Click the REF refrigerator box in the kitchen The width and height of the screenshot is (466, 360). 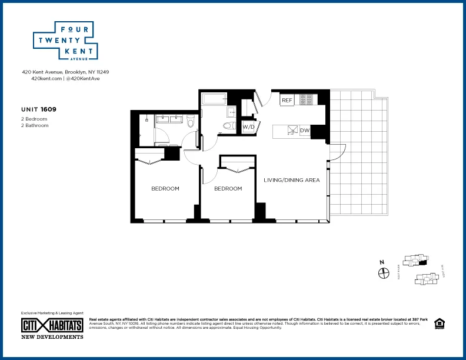point(287,100)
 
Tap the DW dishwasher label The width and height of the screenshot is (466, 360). point(304,131)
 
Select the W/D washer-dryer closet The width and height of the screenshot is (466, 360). point(248,126)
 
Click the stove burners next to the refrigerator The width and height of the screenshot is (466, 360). point(307,100)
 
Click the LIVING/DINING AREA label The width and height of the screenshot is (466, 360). point(291,180)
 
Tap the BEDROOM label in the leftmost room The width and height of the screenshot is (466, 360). point(165,189)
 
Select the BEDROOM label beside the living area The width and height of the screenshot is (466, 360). point(228,189)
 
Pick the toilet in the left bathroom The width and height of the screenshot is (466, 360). point(189,122)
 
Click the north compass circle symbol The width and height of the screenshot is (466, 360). point(383,273)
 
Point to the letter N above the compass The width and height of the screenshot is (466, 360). point(382,262)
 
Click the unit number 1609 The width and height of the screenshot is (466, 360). point(49,109)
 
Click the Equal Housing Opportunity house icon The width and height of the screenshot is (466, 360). point(438,324)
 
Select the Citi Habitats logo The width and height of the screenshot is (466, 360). point(52,325)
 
